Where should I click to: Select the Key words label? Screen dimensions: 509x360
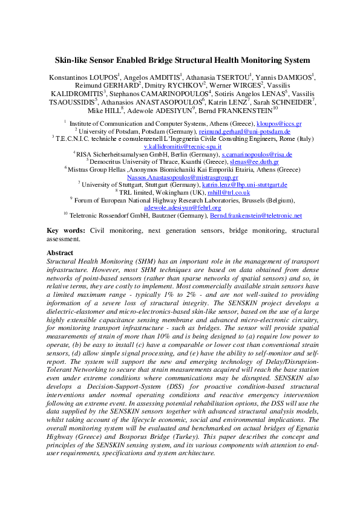pos(66,231)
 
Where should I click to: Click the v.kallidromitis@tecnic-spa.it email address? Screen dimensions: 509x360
pos(180,147)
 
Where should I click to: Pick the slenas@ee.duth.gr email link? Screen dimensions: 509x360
pos(256,163)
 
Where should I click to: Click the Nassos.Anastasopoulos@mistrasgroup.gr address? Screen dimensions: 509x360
pos(180,178)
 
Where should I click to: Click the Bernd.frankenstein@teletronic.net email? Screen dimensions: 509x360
pos(255,215)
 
